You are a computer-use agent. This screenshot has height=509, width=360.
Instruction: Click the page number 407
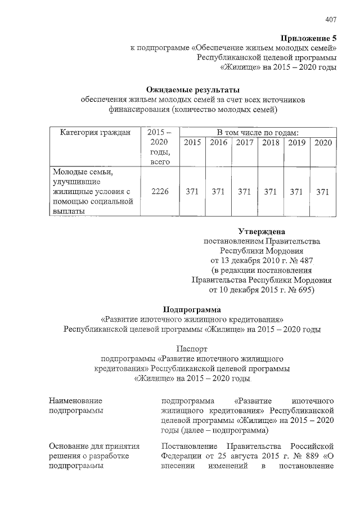331,20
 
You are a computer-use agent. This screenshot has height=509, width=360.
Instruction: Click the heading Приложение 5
309,38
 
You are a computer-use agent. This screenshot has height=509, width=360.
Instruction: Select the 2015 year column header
192,143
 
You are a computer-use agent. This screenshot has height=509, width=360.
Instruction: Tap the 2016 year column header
218,143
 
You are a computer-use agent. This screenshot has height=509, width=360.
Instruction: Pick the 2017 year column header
244,143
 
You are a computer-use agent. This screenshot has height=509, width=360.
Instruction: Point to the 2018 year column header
271,143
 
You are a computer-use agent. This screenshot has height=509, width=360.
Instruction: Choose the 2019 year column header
296,143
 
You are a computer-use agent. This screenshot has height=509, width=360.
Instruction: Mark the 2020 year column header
323,143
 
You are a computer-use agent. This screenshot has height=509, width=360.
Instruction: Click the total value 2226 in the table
161,192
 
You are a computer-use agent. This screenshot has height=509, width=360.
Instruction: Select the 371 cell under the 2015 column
192,192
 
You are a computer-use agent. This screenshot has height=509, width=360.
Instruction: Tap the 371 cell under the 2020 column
323,192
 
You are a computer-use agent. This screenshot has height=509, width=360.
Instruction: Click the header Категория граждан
94,132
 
